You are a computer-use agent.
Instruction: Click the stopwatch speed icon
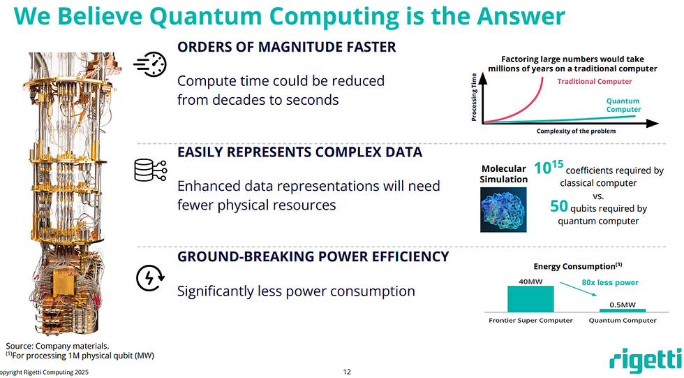pyautogui.click(x=150, y=64)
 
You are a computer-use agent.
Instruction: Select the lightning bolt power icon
pyautogui.click(x=150, y=278)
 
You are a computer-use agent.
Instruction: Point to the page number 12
pyautogui.click(x=347, y=372)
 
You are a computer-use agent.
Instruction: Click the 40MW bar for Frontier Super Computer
pyautogui.click(x=530, y=299)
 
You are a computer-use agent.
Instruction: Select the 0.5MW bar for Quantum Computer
pyautogui.click(x=623, y=310)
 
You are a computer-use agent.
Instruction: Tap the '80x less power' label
pyautogui.click(x=610, y=282)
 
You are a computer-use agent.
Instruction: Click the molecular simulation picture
pyautogui.click(x=503, y=210)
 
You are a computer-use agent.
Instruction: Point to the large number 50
pyautogui.click(x=559, y=206)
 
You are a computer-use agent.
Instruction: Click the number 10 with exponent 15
pyautogui.click(x=549, y=167)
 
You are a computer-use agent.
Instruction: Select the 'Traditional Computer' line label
pyautogui.click(x=595, y=81)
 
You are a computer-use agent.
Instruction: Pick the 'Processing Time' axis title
pyautogui.click(x=474, y=97)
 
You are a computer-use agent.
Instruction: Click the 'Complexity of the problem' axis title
pyautogui.click(x=576, y=131)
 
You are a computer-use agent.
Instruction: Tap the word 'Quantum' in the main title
pyautogui.click(x=206, y=16)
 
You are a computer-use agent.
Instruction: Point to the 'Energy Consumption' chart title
pyautogui.click(x=578, y=266)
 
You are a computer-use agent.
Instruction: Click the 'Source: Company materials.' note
pyautogui.click(x=57, y=346)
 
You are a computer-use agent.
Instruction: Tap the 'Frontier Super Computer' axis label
pyautogui.click(x=530, y=321)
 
